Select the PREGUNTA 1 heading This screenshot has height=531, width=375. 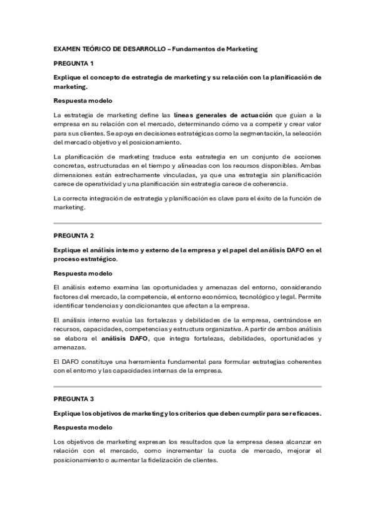coord(73,63)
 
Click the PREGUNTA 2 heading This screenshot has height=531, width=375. coord(73,235)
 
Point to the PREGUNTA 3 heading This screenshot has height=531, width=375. coord(73,398)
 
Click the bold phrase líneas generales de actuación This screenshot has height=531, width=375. coord(223,115)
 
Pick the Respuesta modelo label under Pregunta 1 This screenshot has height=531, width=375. coord(83,100)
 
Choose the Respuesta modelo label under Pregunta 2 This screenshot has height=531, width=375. coord(83,273)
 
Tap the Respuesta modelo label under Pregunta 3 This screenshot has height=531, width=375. coord(83,427)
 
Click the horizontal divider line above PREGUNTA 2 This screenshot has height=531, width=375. coord(187,222)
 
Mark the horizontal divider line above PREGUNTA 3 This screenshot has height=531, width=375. coord(187,386)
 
